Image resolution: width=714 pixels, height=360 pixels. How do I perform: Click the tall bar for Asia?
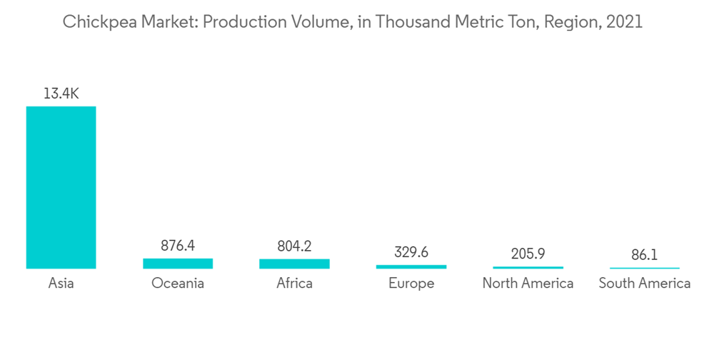coord(61,187)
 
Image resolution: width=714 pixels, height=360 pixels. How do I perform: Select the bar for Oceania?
coord(178,264)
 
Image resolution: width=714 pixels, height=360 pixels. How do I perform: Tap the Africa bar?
coord(294,264)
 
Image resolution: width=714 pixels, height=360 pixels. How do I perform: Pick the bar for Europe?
coord(411,267)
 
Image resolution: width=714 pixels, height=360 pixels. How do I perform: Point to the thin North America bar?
coord(528,268)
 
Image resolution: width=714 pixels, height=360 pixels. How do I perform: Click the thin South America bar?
coord(644,269)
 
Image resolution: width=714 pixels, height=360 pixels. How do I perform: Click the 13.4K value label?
coord(61,93)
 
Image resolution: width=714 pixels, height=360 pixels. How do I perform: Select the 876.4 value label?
coord(178,246)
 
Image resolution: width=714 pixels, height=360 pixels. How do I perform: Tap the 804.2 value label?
coord(294,246)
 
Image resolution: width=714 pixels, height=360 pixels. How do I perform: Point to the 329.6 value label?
coord(411,252)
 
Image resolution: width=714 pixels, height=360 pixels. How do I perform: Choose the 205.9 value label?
coord(528,254)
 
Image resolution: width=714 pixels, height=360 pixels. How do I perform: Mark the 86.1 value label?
coord(644,254)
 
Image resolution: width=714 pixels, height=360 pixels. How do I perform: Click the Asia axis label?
coord(61,284)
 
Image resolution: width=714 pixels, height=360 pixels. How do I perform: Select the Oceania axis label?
coord(178,284)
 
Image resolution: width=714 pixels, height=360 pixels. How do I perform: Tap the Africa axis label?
coord(294,284)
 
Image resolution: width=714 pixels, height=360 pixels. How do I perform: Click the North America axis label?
coord(528,284)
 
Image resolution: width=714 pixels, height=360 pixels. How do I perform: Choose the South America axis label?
coord(644,284)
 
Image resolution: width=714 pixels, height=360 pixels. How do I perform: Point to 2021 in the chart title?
coord(623,22)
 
